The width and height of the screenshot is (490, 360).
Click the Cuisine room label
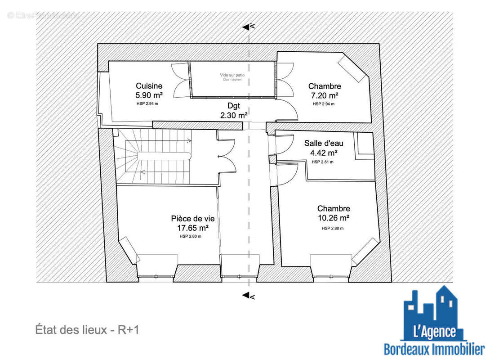click(x=149, y=86)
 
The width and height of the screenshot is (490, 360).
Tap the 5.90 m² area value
click(x=149, y=95)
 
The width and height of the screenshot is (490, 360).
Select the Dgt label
click(x=234, y=106)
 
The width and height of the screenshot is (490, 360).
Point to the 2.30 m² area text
click(x=234, y=115)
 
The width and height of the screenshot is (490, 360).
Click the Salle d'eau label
click(x=324, y=144)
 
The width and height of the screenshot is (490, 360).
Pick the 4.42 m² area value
click(x=324, y=153)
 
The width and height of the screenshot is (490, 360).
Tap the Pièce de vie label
click(x=192, y=219)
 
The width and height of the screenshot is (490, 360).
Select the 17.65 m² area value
click(x=192, y=228)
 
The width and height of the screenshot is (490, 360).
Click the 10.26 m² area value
click(x=334, y=218)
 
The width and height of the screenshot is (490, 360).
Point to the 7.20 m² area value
click(x=325, y=95)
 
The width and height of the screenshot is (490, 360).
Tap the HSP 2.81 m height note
click(x=322, y=162)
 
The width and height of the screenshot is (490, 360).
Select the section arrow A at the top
click(x=247, y=27)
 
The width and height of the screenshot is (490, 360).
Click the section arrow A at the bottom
click(x=247, y=296)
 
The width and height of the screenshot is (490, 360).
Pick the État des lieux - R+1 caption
click(x=87, y=330)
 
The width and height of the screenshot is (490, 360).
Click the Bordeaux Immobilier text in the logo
click(x=434, y=349)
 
